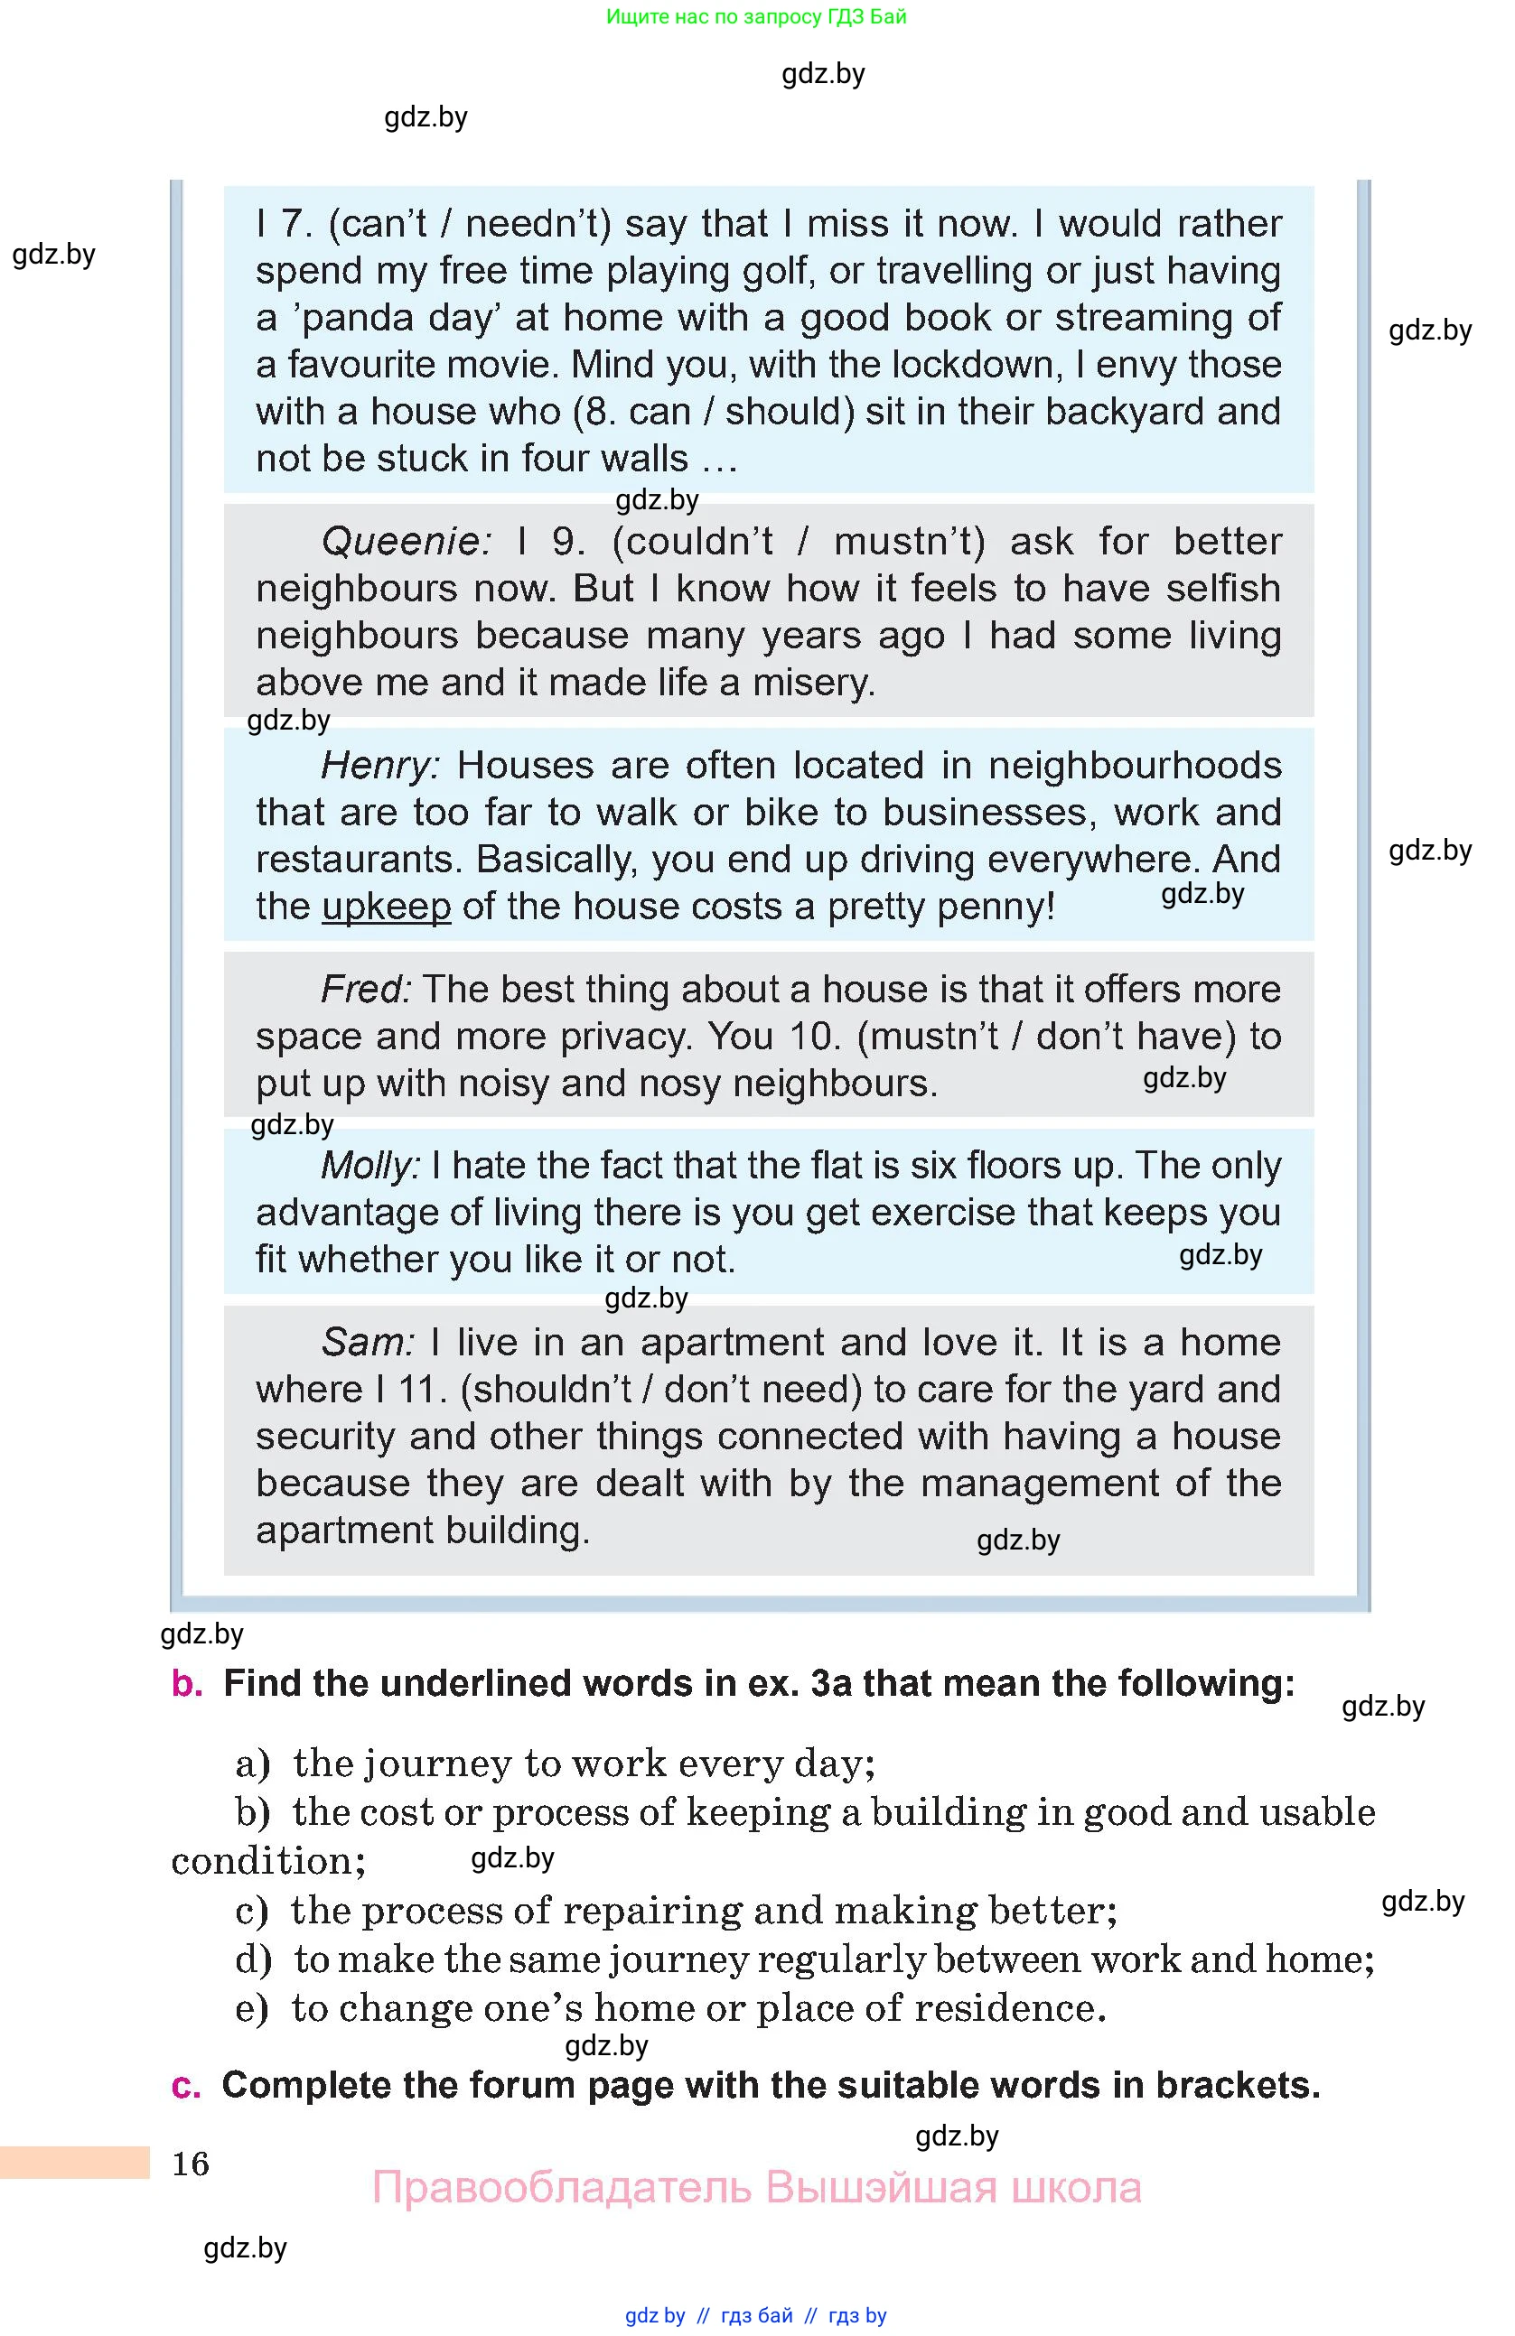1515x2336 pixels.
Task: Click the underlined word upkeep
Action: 386,906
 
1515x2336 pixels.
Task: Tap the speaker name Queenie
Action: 405,541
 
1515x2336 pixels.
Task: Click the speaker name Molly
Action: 370,1165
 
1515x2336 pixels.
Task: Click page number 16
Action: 191,2164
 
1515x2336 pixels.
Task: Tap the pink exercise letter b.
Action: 187,1683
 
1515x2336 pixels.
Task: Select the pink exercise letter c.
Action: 185,2086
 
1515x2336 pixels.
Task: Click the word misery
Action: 813,682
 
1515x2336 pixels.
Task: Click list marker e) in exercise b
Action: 251,2008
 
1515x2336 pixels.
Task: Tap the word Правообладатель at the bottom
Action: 562,2187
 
